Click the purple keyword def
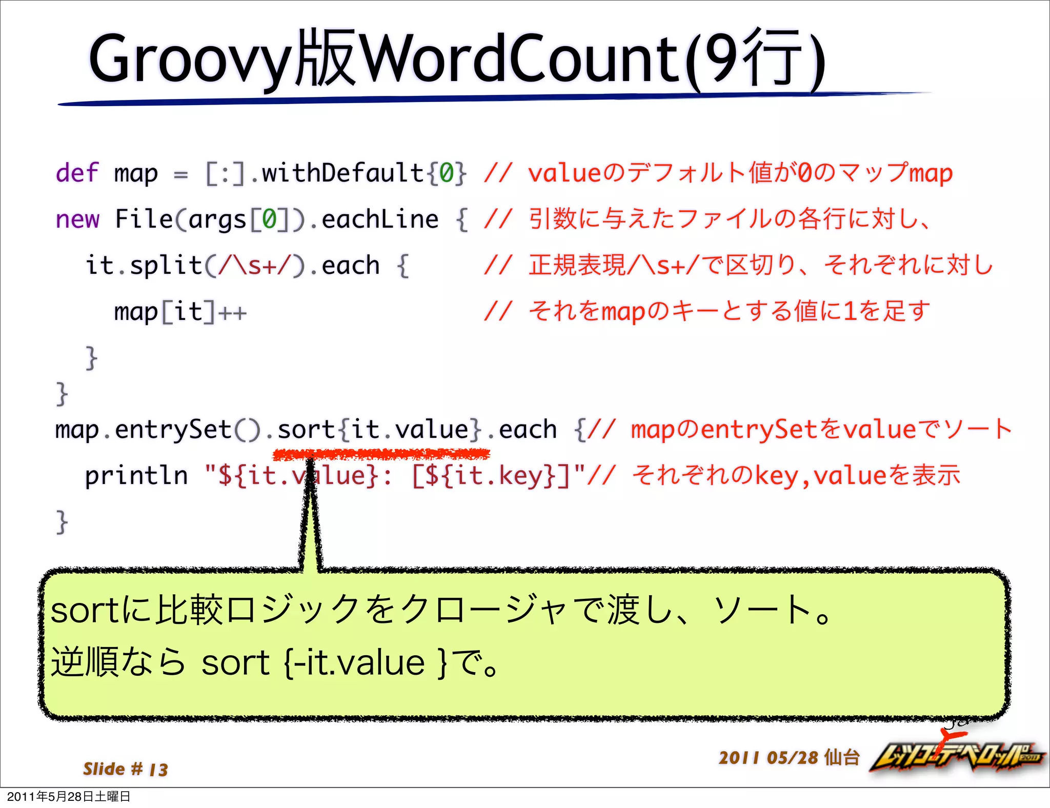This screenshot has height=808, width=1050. click(x=77, y=173)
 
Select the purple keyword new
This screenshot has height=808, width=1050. click(x=77, y=219)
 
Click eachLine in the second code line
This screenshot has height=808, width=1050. click(x=380, y=219)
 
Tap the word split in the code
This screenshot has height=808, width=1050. click(x=166, y=266)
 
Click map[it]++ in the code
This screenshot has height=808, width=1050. click(x=180, y=312)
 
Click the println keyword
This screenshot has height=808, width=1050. click(x=136, y=475)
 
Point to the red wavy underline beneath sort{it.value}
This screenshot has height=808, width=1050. click(x=381, y=453)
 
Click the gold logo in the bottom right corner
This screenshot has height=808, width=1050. click(x=956, y=757)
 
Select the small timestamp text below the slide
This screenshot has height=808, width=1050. click(x=69, y=796)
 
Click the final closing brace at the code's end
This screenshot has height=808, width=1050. click(x=62, y=522)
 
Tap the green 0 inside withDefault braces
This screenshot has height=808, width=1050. click(x=447, y=173)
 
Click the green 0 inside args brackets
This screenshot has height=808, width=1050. click(x=270, y=219)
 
